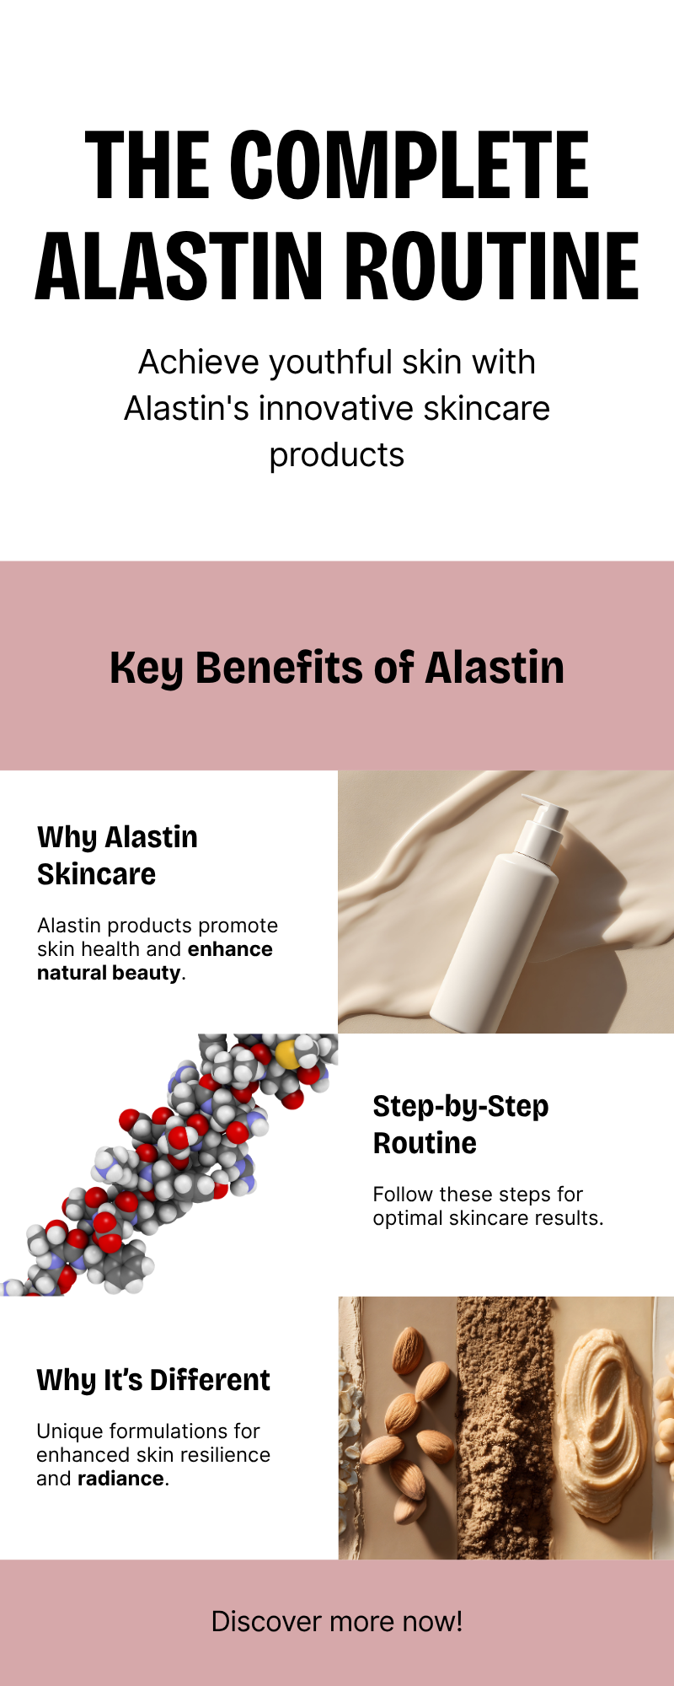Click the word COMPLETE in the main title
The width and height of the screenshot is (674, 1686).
[409, 165]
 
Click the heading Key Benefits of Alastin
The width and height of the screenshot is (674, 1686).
[337, 668]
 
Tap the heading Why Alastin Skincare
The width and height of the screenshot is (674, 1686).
[117, 856]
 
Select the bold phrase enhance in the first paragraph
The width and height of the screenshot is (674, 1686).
[230, 949]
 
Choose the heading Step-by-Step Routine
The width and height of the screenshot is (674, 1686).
[461, 1125]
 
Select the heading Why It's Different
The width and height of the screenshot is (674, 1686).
[153, 1380]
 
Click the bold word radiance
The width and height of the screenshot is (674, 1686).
[120, 1479]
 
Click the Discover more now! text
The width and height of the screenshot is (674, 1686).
[337, 1622]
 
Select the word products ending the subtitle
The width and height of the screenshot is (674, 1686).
[337, 456]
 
